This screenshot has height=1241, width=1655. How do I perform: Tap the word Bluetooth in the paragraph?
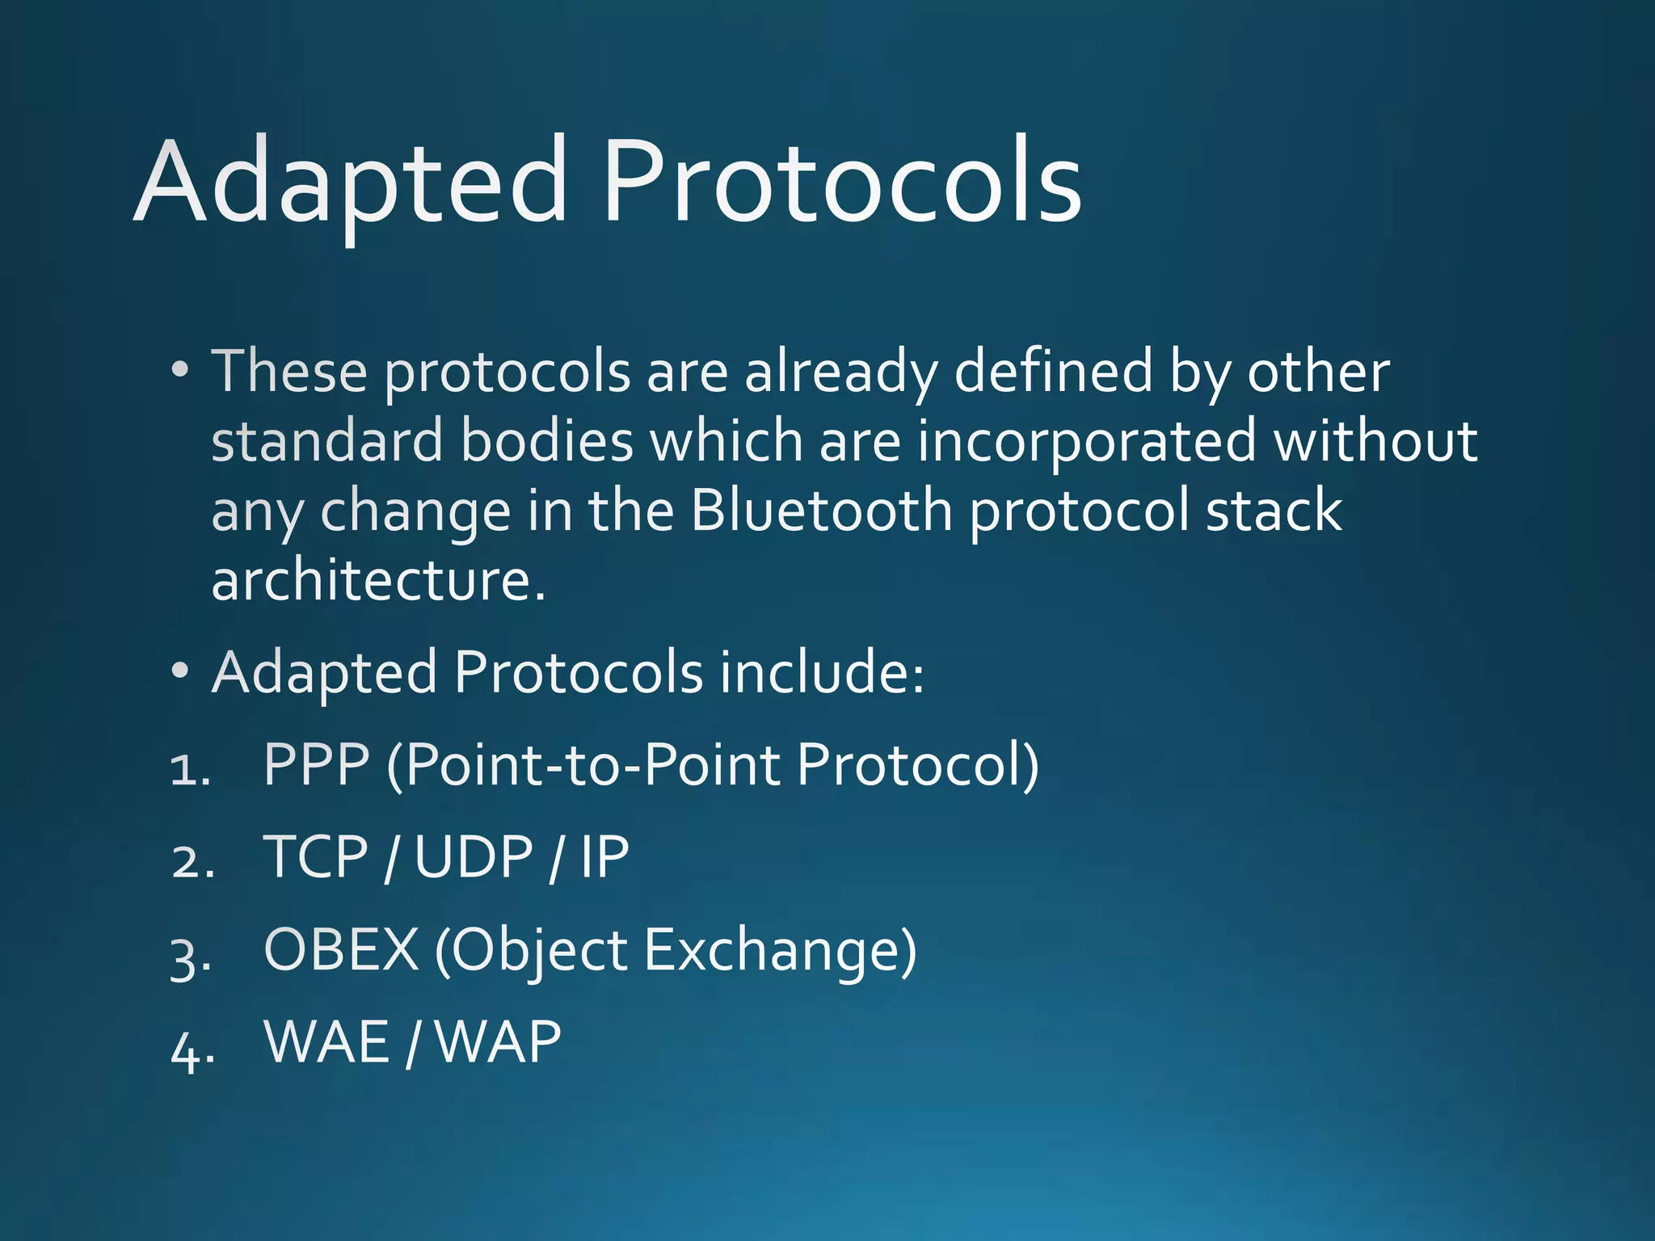(x=822, y=511)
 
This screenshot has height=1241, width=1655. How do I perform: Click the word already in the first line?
(x=840, y=372)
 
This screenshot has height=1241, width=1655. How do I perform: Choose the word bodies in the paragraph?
(x=547, y=442)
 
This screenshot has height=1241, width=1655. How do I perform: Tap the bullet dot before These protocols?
(x=180, y=371)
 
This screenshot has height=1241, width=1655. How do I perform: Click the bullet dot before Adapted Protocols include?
(x=180, y=671)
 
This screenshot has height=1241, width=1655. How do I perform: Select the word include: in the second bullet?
(x=822, y=672)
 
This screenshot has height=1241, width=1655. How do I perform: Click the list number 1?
(x=190, y=769)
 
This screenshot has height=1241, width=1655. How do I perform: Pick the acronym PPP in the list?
(x=317, y=764)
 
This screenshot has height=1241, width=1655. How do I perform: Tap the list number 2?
(x=192, y=862)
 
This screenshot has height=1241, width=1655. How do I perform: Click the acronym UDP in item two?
(x=474, y=857)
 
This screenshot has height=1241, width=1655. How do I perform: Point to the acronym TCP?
(x=316, y=857)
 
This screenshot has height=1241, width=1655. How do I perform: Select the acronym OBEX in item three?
(x=342, y=950)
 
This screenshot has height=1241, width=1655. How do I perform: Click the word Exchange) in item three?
(x=781, y=951)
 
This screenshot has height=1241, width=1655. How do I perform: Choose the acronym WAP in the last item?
(x=498, y=1042)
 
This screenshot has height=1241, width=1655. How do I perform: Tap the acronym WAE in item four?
(x=327, y=1042)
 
